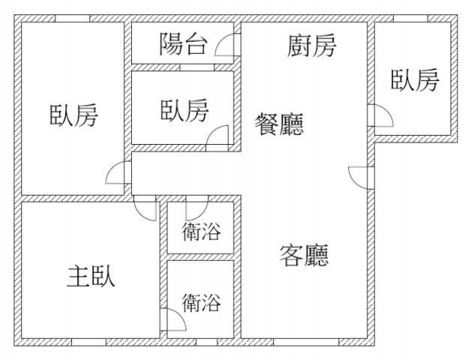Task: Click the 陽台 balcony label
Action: click(x=183, y=44)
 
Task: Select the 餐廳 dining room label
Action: click(x=280, y=124)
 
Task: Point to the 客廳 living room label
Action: click(x=304, y=256)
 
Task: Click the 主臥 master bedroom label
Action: click(x=91, y=277)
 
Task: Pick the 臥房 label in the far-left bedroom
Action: click(x=73, y=116)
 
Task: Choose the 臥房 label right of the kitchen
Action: click(x=414, y=79)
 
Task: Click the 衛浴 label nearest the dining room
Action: click(x=202, y=232)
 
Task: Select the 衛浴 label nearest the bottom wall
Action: click(x=202, y=303)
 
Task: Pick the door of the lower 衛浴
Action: click(x=174, y=321)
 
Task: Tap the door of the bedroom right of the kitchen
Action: click(x=380, y=116)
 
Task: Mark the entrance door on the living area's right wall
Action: click(x=361, y=177)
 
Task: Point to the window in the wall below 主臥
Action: click(x=88, y=342)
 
